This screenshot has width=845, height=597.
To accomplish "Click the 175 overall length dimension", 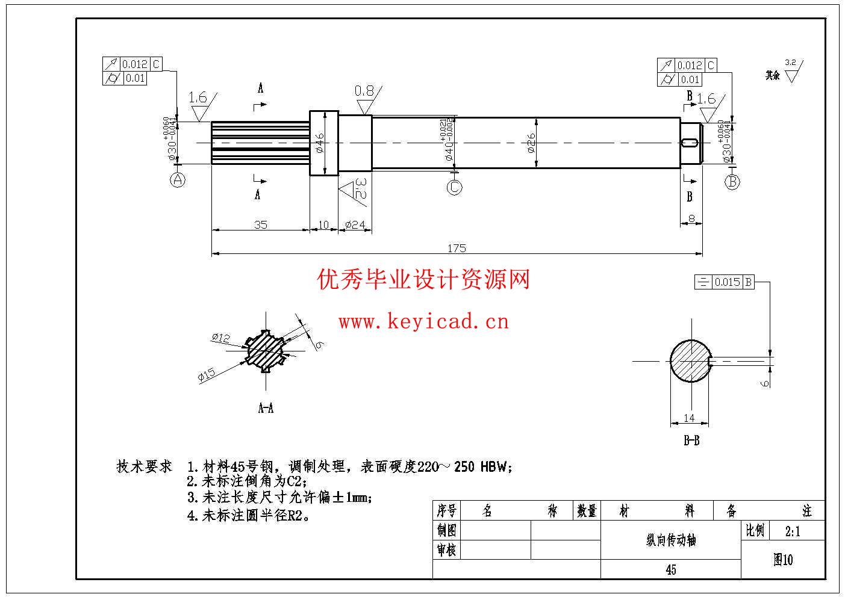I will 457,248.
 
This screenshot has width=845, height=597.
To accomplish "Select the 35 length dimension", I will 260,224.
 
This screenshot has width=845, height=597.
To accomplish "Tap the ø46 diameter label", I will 320,143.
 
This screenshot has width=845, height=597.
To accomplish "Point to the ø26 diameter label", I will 531,143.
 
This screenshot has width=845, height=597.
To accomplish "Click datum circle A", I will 177,179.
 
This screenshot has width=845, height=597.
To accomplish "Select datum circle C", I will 454,187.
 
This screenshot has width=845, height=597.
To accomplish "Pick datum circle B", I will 732,181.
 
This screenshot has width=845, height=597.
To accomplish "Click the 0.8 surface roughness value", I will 364,91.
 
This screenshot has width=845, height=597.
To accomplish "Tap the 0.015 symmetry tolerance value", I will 728,282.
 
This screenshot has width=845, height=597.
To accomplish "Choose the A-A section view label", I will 266,408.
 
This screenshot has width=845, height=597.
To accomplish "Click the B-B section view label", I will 691,441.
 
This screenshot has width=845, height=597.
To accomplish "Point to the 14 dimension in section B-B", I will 689,417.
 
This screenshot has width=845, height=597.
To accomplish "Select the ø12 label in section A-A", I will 220,338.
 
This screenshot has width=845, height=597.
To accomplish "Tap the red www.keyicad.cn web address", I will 423,322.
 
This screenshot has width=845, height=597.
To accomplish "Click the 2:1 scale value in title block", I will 793,531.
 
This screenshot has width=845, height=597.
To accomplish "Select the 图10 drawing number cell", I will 783,560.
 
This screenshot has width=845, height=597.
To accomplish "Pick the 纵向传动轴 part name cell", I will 670,540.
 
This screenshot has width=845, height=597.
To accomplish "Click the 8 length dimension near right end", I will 691,218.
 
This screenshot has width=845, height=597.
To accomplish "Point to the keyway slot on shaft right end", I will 691,143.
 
